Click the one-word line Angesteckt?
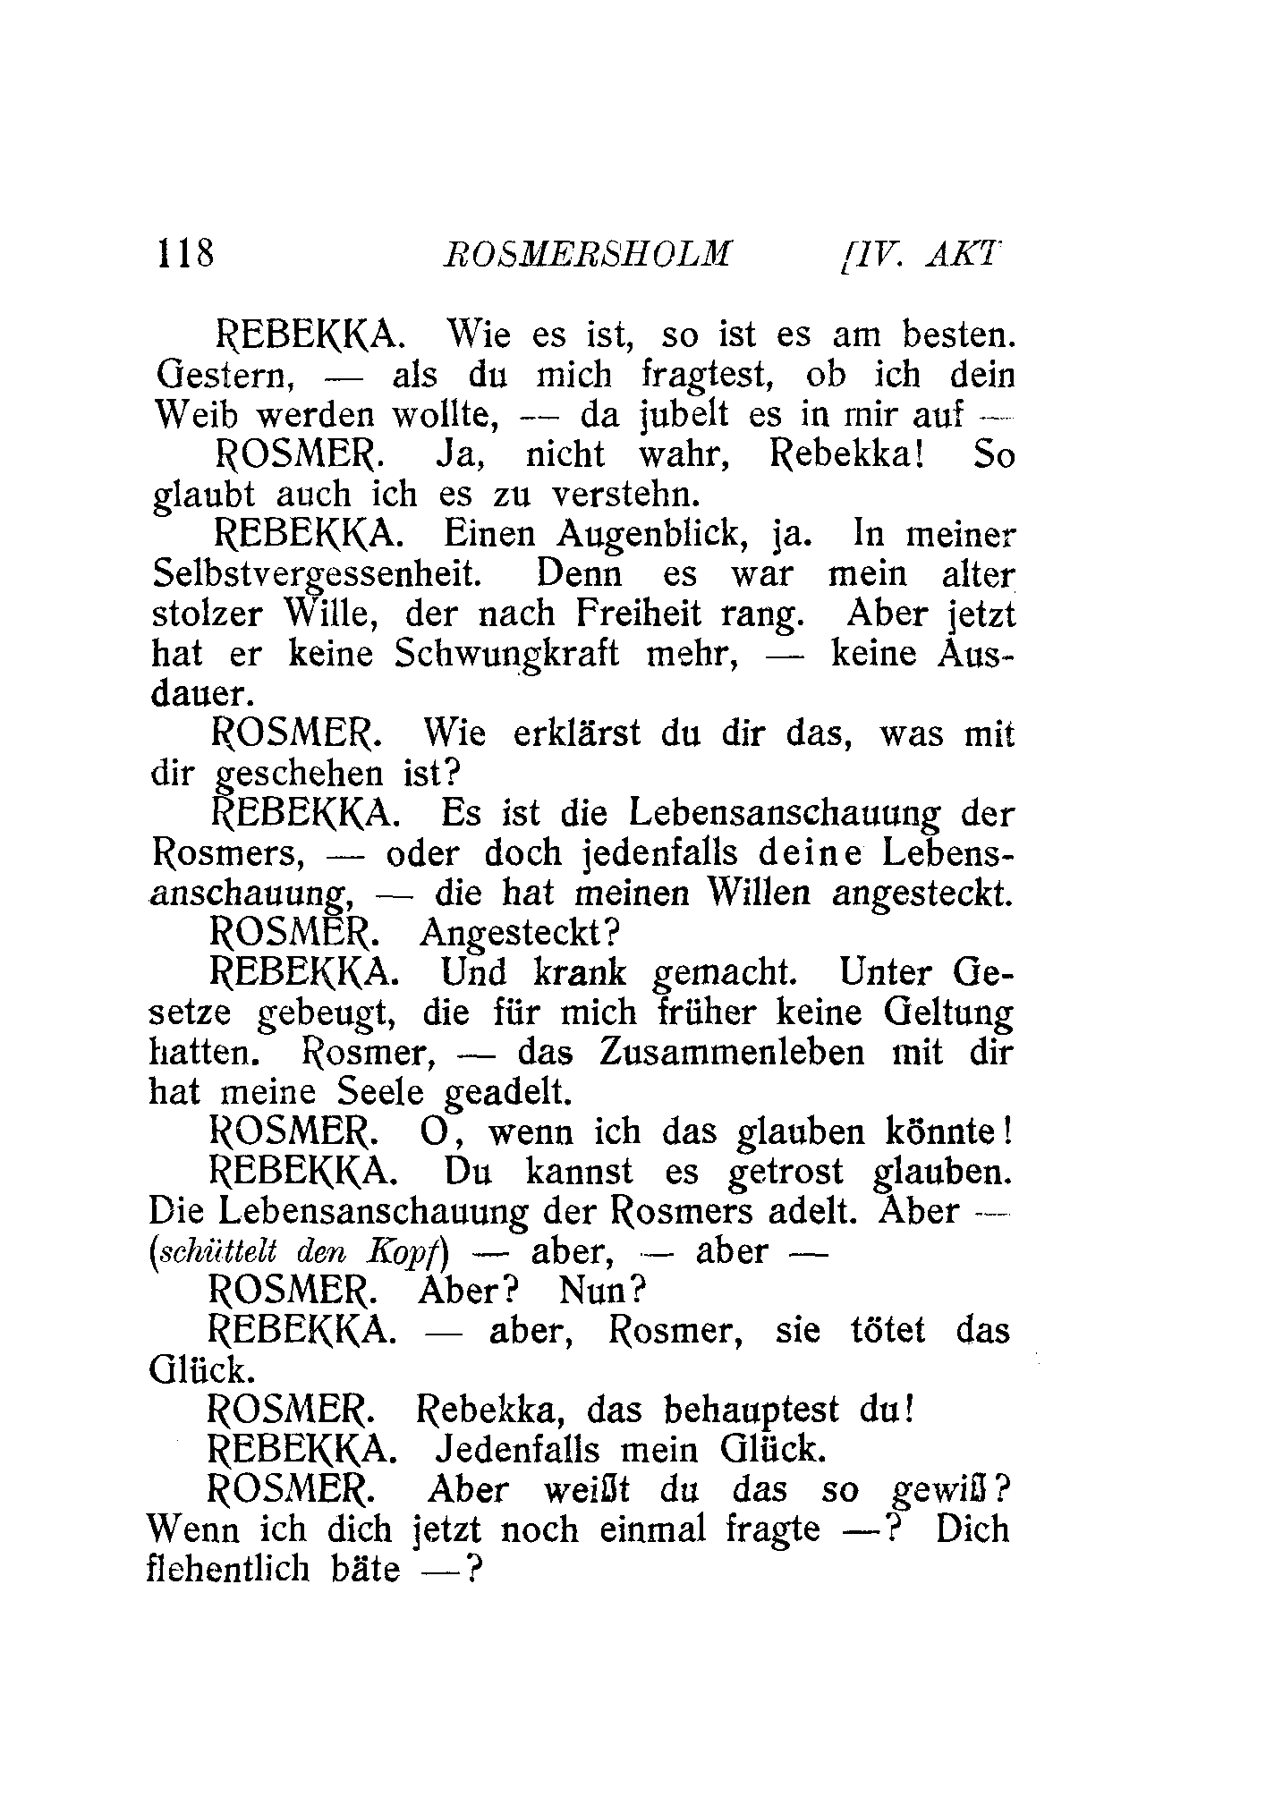pyautogui.click(x=519, y=934)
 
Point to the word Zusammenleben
pyautogui.click(x=733, y=1053)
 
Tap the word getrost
pyautogui.click(x=786, y=1172)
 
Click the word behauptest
pyautogui.click(x=752, y=1411)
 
